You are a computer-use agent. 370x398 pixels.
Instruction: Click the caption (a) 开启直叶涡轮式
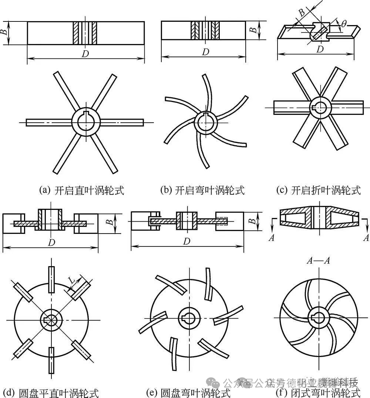pyautogui.click(x=81, y=191)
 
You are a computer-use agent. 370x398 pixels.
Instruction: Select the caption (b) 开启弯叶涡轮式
pyautogui.click(x=202, y=191)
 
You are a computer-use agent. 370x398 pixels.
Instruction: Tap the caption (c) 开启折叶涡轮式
pyautogui.click(x=318, y=191)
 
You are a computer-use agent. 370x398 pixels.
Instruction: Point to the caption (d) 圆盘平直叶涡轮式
pyautogui.click(x=51, y=392)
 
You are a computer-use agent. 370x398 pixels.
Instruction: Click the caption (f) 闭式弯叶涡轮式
pyautogui.click(x=318, y=392)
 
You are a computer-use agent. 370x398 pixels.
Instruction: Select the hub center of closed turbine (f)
pyautogui.click(x=318, y=317)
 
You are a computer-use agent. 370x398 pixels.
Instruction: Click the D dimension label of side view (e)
pyautogui.click(x=187, y=241)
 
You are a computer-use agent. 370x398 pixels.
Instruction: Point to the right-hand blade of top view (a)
pyautogui.click(x=122, y=122)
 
